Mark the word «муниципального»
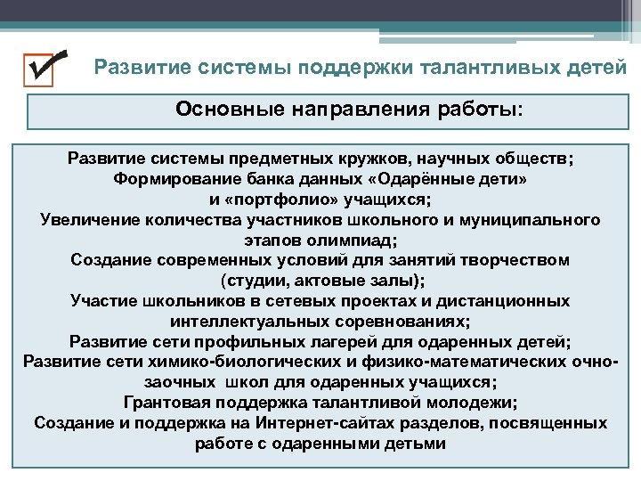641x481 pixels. pos(531,219)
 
